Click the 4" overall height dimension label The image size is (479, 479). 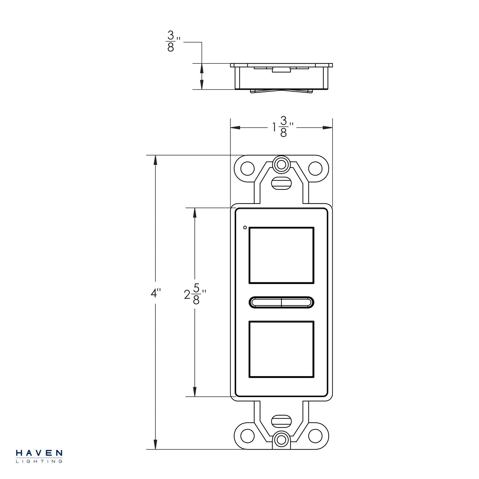[155, 293]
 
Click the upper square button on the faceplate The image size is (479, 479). [281, 255]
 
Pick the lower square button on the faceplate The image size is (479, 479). [281, 349]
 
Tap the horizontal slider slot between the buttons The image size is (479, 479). [281, 302]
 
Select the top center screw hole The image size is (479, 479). [281, 164]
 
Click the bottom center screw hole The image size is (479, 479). [281, 440]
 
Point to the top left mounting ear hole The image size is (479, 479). [248, 169]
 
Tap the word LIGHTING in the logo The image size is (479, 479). [39, 461]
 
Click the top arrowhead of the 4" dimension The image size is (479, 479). [155, 160]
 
